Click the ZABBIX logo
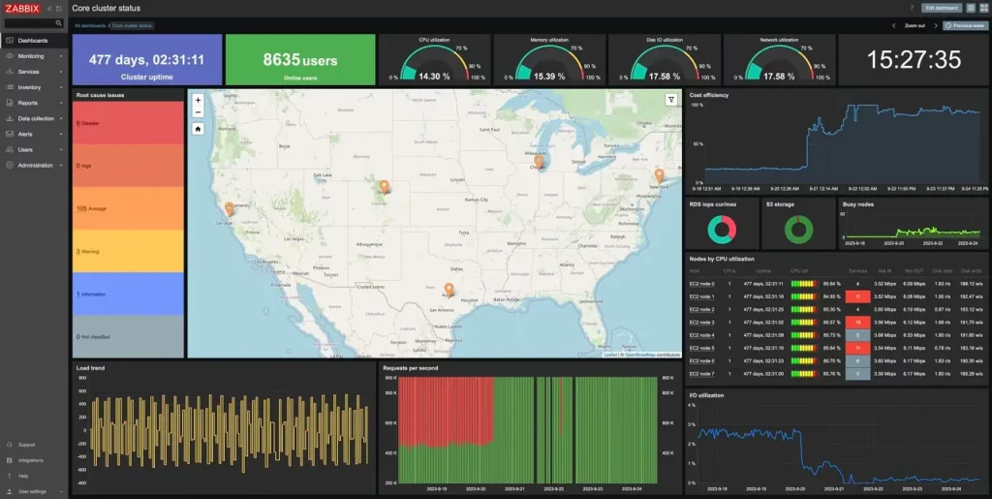[x=23, y=8]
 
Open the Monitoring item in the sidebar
[x=31, y=56]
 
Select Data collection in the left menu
[x=36, y=118]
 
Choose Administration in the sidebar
[x=35, y=165]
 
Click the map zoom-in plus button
[x=198, y=100]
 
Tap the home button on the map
[x=198, y=128]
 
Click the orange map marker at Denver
[x=384, y=186]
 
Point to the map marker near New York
[x=660, y=175]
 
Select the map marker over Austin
[x=449, y=289]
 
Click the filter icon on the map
[x=671, y=100]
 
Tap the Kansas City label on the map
[x=476, y=200]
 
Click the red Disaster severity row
[x=128, y=123]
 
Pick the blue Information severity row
[x=128, y=294]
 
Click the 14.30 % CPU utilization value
[x=434, y=76]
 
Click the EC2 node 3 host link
[x=701, y=322]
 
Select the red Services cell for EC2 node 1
[x=857, y=296]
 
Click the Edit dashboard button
[x=943, y=8]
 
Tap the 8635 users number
[x=300, y=60]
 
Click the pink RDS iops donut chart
[x=721, y=230]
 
